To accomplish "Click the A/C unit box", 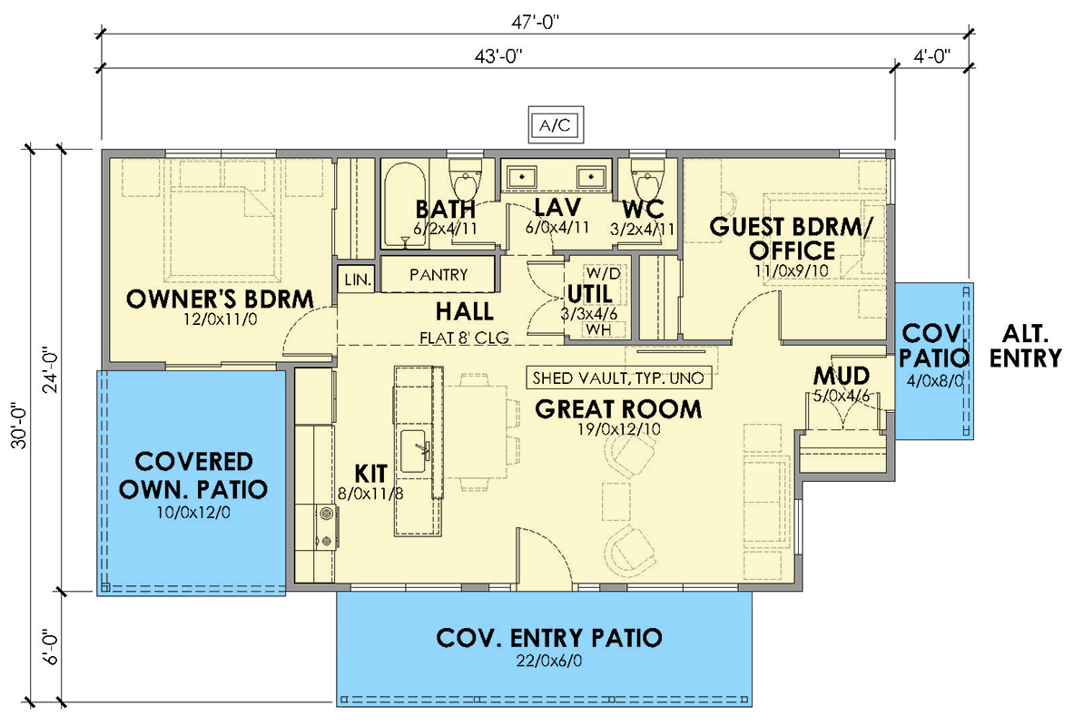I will coord(555,125).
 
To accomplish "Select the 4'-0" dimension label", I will coord(931,56).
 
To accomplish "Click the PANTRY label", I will coord(438,274).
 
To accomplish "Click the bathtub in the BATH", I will coord(401,205).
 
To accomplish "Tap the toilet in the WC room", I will coord(646,175).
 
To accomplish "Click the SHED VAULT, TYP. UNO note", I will coord(620,378).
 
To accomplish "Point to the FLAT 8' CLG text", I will coord(464,338).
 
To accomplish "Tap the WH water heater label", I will coord(597,329).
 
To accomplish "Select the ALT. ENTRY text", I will coord(1025,346).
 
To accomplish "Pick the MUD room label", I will coord(842,376).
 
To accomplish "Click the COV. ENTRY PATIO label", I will coord(549,638).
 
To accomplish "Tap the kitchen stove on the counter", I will coord(324,527).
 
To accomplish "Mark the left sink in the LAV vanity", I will coord(520,175).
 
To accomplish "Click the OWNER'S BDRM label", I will coord(221,299).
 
